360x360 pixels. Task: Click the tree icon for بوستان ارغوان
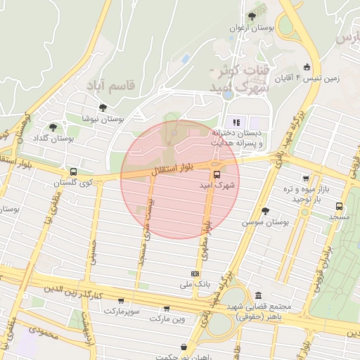point(252,16)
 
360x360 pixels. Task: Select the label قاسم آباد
point(110,84)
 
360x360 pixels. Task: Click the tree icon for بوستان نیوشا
point(103,108)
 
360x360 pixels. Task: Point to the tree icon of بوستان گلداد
point(53,127)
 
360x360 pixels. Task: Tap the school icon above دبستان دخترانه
point(236,121)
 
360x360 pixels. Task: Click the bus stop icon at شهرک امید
point(215,174)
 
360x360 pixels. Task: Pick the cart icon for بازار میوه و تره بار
point(305,179)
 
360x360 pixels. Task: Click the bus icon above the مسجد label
point(340,207)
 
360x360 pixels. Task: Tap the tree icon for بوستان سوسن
point(265,211)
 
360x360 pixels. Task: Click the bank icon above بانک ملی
point(195,274)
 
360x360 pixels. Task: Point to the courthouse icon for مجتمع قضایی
point(259,295)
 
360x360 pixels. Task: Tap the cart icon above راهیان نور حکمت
point(184,347)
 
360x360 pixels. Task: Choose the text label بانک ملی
point(196,285)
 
